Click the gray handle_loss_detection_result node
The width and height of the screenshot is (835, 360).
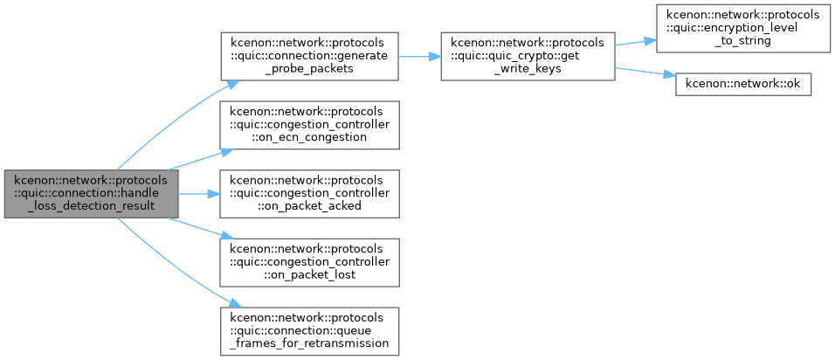(91, 194)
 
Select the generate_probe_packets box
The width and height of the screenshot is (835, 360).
(310, 57)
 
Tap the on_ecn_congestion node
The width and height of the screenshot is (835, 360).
(310, 125)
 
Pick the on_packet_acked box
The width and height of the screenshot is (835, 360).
(310, 194)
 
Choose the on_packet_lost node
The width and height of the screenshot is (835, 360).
(310, 262)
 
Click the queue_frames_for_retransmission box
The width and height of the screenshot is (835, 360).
(310, 331)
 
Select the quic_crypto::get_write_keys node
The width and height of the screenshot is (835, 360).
(528, 57)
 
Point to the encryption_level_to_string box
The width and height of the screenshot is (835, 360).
(743, 28)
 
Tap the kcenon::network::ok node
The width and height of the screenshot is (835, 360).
(743, 86)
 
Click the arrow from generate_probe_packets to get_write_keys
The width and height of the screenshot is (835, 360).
(419, 57)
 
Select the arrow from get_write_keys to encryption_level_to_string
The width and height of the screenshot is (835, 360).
(635, 42)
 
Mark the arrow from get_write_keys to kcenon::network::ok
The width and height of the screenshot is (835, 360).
(645, 73)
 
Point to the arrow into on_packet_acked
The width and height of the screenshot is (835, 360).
(200, 194)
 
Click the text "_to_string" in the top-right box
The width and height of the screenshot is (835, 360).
(743, 42)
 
